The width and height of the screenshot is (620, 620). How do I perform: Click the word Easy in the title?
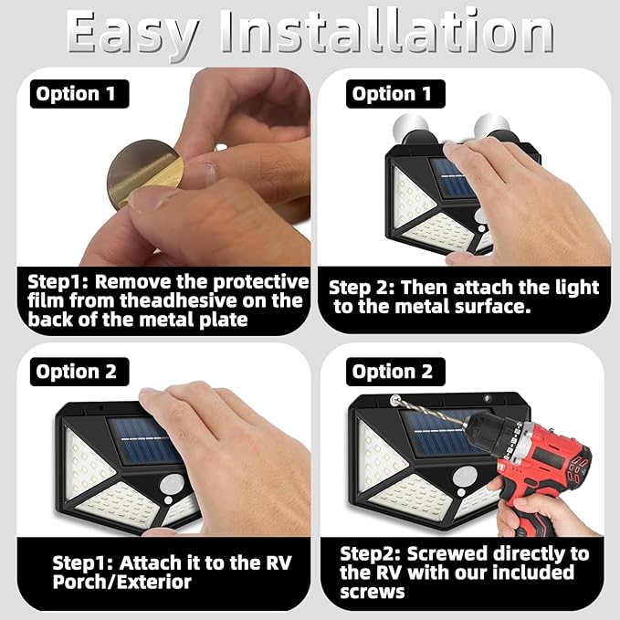click(133, 34)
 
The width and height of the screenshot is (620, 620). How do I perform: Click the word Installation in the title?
click(387, 31)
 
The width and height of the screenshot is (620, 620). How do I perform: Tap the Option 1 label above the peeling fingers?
click(79, 94)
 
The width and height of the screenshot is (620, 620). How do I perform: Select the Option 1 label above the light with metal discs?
click(395, 94)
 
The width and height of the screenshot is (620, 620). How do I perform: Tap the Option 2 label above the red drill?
click(395, 372)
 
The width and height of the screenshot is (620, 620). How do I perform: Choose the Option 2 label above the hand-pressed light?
click(79, 372)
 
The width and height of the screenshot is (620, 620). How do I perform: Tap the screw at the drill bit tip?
click(394, 400)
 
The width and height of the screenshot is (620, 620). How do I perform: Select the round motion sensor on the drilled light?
click(466, 476)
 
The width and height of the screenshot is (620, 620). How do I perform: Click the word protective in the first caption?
click(261, 282)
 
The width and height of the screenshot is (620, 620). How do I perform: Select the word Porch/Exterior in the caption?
click(121, 582)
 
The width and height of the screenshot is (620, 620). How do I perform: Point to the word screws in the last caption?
click(372, 592)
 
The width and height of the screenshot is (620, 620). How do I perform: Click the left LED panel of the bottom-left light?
click(88, 463)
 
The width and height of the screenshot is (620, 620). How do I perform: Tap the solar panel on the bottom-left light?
click(144, 440)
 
